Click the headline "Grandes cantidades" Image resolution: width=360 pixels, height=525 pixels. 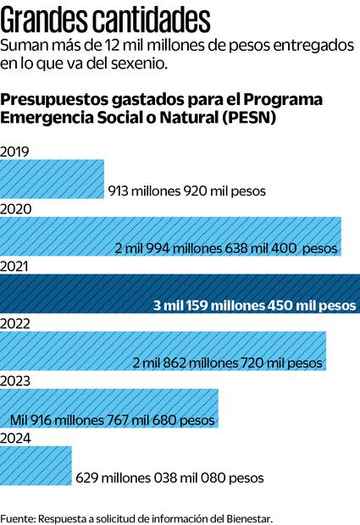point(107,17)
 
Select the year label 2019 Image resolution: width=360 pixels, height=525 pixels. point(15,152)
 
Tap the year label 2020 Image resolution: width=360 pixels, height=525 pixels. point(16,209)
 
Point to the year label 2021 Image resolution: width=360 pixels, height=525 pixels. point(15,267)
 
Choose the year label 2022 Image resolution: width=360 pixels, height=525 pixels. point(16,323)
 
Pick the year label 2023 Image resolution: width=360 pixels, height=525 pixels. point(16,381)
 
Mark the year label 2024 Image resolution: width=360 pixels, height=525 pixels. point(16,438)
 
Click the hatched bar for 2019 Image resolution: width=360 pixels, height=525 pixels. point(52,180)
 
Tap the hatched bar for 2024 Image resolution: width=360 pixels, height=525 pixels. point(36,466)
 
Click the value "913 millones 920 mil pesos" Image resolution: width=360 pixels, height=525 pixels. point(187,191)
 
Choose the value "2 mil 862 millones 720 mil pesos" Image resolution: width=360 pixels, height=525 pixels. point(229,362)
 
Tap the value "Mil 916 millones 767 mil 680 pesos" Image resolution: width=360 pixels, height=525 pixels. point(112,420)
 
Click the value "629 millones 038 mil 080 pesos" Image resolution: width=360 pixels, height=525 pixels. point(169,478)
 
